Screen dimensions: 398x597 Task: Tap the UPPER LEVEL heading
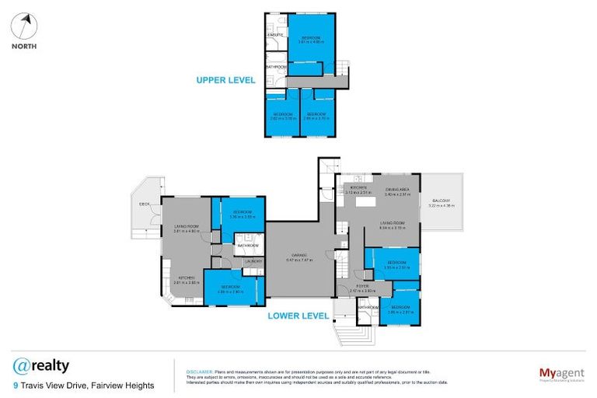[x=225, y=80]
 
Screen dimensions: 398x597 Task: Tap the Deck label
[x=144, y=204]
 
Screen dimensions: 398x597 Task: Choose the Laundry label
[x=252, y=261]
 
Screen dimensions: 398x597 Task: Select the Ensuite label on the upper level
[x=274, y=36]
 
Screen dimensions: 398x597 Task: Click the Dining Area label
[x=397, y=190]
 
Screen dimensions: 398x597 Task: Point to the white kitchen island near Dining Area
[x=363, y=203]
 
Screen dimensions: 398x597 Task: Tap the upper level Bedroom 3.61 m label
[x=311, y=40]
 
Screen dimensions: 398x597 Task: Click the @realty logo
[x=41, y=365]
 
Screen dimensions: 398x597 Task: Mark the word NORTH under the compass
[x=23, y=46]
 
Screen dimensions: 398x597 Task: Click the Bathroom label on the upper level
[x=276, y=67]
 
